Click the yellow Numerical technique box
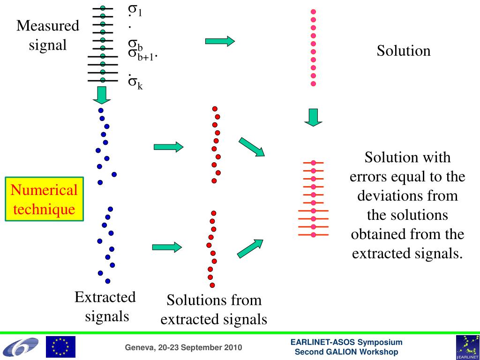click(44, 199)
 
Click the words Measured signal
click(48, 35)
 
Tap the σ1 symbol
click(135, 10)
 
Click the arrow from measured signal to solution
click(219, 41)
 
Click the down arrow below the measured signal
click(101, 95)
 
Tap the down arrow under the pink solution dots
click(313, 117)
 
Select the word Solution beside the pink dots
click(403, 51)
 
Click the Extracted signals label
click(106, 306)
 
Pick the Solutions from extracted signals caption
click(214, 309)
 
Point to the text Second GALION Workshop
click(346, 352)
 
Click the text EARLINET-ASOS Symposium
click(346, 343)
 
